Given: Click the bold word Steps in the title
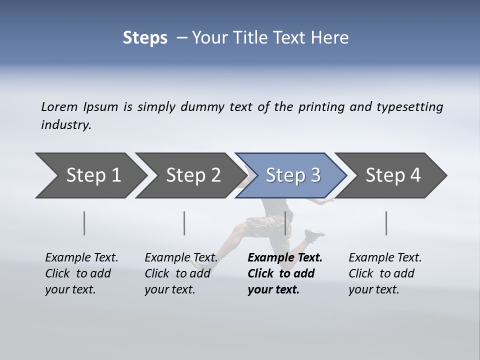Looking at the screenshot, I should pyautogui.click(x=145, y=38).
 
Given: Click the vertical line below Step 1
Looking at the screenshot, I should pyautogui.click(x=84, y=223).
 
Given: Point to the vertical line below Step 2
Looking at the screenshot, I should pyautogui.click(x=184, y=223).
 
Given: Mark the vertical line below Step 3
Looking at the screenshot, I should pyautogui.click(x=285, y=223).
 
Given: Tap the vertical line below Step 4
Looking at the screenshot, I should pyautogui.click(x=386, y=223).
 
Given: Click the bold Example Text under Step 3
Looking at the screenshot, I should pyautogui.click(x=285, y=257).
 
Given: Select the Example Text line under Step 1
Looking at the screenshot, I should pyautogui.click(x=81, y=257).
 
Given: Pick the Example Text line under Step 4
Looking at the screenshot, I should pyautogui.click(x=385, y=257).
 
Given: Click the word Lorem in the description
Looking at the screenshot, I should pyautogui.click(x=59, y=106).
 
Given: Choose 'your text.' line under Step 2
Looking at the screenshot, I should pyautogui.click(x=169, y=289).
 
